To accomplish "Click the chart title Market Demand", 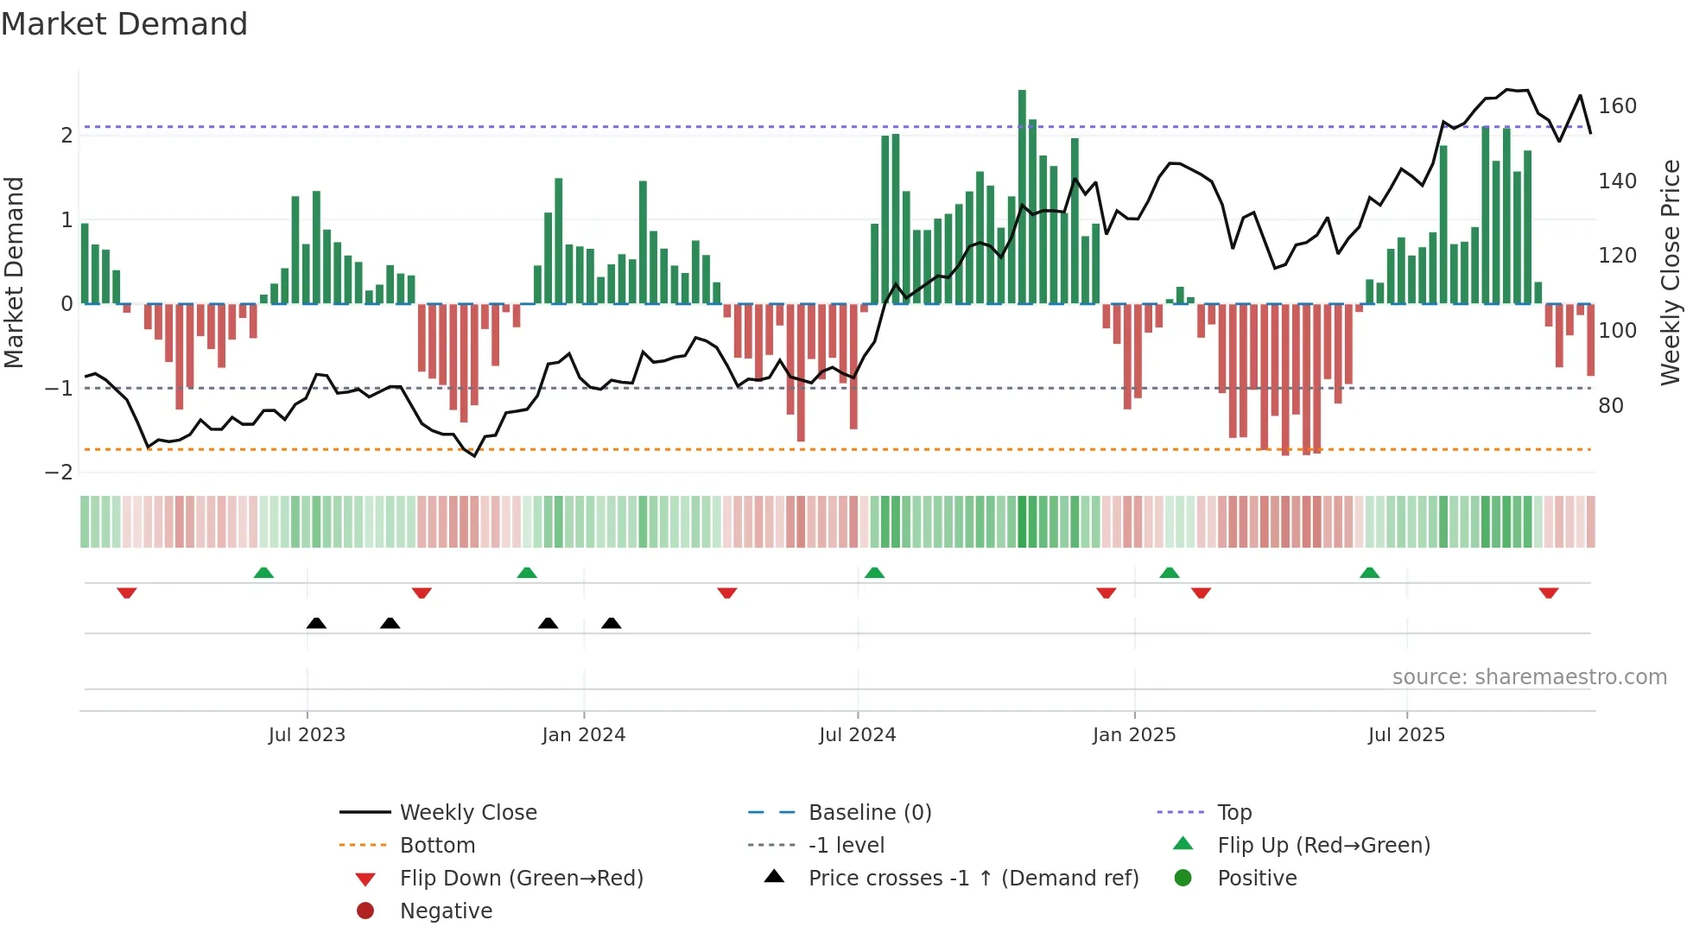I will pyautogui.click(x=124, y=24).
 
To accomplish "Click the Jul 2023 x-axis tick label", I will pyautogui.click(x=307, y=735).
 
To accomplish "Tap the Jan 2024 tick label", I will pyautogui.click(x=583, y=735).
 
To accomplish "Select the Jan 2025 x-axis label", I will pyautogui.click(x=1133, y=735).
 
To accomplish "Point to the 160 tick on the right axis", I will pyautogui.click(x=1617, y=106).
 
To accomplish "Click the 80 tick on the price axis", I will pyautogui.click(x=1610, y=406).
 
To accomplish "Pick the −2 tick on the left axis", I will pyautogui.click(x=59, y=473).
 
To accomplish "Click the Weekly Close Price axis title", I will pyautogui.click(x=1671, y=272).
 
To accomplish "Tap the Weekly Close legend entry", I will pyautogui.click(x=467, y=813).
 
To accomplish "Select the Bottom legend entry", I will pyautogui.click(x=437, y=846).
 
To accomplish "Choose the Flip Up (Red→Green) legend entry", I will pyautogui.click(x=1323, y=846).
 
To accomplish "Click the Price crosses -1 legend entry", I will pyautogui.click(x=973, y=879).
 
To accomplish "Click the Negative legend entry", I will pyautogui.click(x=446, y=911).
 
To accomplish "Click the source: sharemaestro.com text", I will pyautogui.click(x=1529, y=677).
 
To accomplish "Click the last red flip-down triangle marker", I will pyautogui.click(x=1548, y=593).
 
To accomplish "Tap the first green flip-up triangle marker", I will pyautogui.click(x=263, y=573).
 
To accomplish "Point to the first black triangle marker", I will pyautogui.click(x=316, y=623).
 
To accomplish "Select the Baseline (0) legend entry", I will pyautogui.click(x=869, y=813).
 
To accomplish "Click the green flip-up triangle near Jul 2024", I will pyautogui.click(x=874, y=573).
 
